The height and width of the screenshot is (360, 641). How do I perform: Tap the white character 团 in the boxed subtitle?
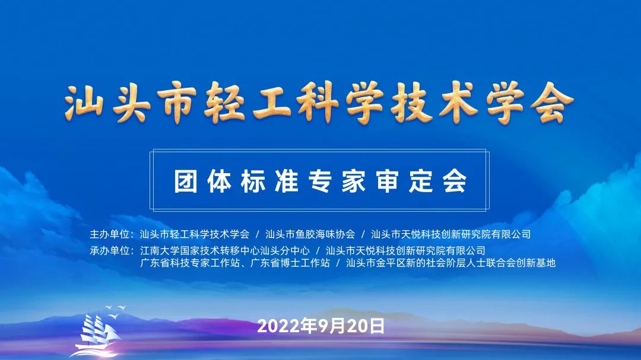pyautogui.click(x=186, y=181)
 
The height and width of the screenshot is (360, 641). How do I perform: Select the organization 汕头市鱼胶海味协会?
pyautogui.click(x=310, y=234)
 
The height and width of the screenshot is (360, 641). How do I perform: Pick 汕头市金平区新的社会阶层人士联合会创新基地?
pyautogui.click(x=450, y=263)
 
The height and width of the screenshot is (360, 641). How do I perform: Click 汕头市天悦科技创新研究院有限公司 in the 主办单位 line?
pyautogui.click(x=450, y=234)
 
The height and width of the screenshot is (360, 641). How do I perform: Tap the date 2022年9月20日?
pyautogui.click(x=321, y=326)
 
